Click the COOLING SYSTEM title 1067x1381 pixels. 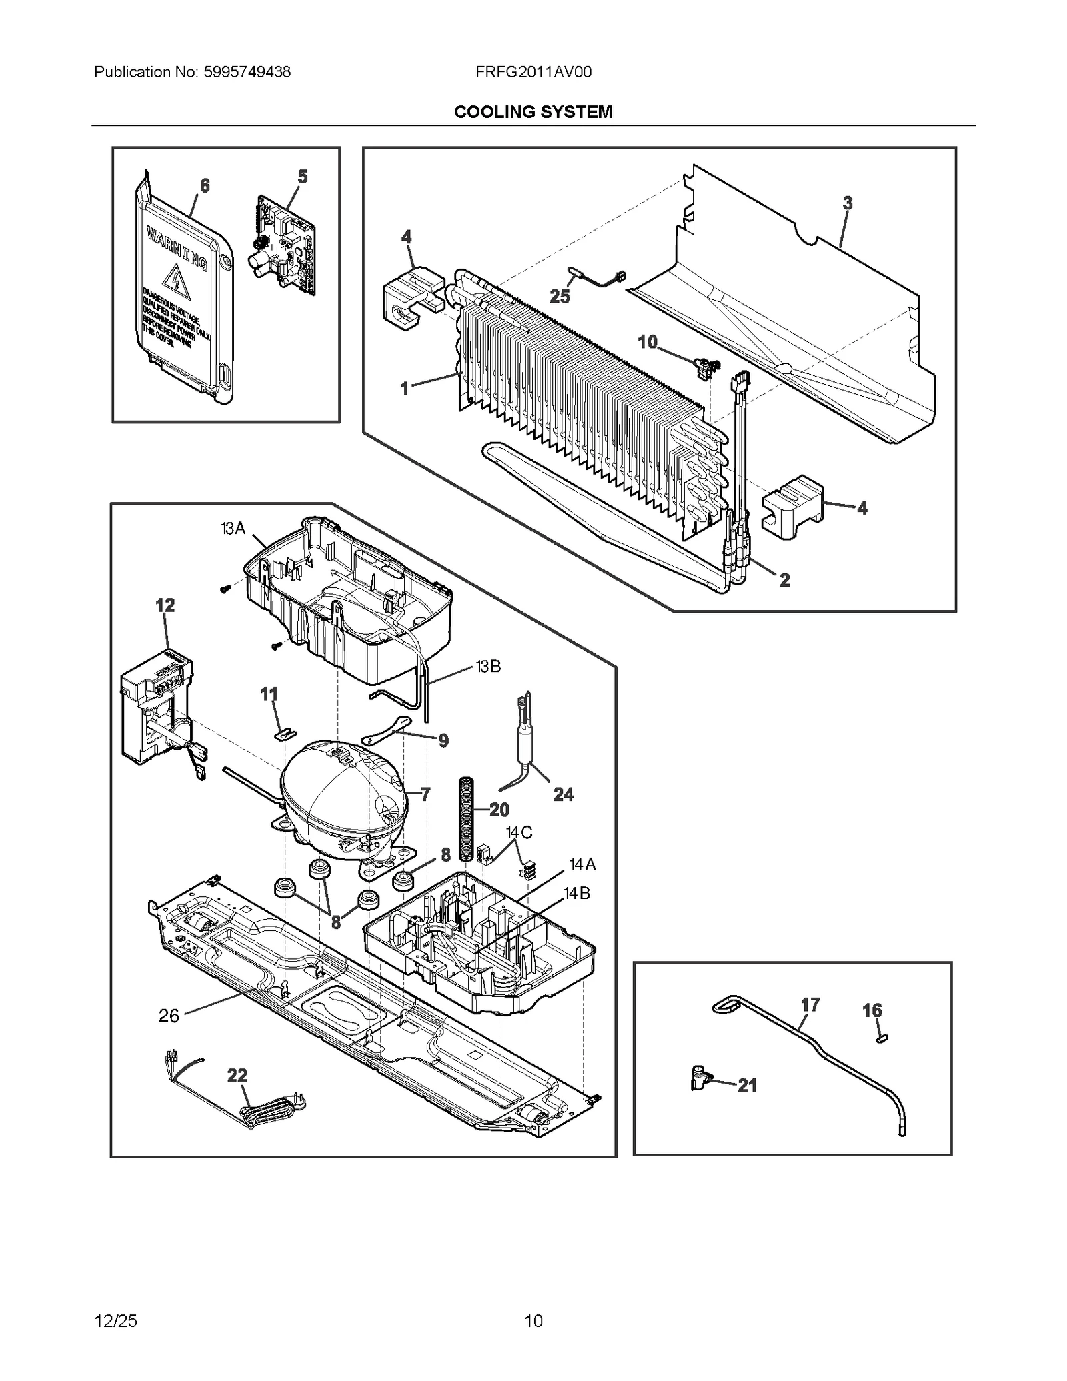click(533, 112)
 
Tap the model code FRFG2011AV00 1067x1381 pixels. click(533, 72)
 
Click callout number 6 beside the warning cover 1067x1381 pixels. click(205, 185)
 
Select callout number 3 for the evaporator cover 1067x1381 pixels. click(847, 203)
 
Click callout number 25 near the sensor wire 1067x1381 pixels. click(560, 297)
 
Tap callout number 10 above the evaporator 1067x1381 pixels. click(648, 342)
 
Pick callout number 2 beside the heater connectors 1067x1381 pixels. click(784, 580)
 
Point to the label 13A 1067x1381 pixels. click(233, 529)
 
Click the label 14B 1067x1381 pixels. click(577, 893)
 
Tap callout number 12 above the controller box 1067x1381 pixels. click(165, 605)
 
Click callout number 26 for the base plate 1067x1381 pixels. click(169, 1016)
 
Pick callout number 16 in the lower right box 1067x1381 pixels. click(872, 1010)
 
